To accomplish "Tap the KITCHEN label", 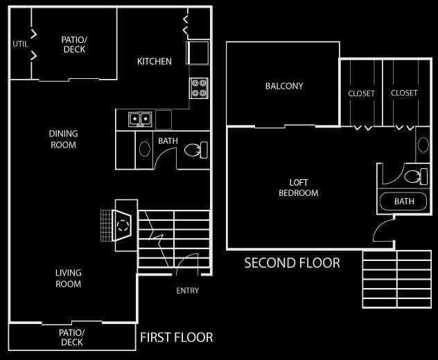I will point(155,62).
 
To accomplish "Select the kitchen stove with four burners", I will point(199,88).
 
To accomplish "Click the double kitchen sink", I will point(140,119).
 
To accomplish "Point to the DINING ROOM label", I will point(63,139).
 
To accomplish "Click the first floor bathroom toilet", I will point(200,150).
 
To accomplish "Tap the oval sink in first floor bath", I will point(145,150).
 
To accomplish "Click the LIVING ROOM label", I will point(68,278).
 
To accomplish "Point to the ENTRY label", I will point(187,291).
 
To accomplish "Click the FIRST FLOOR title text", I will point(176,338).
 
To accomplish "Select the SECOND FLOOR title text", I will point(292,263).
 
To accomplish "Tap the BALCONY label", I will point(284,87).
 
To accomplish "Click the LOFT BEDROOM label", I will point(299,188).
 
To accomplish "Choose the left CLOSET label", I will point(361,93).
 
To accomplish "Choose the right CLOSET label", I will point(404,93).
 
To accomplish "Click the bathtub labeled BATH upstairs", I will point(404,202).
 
